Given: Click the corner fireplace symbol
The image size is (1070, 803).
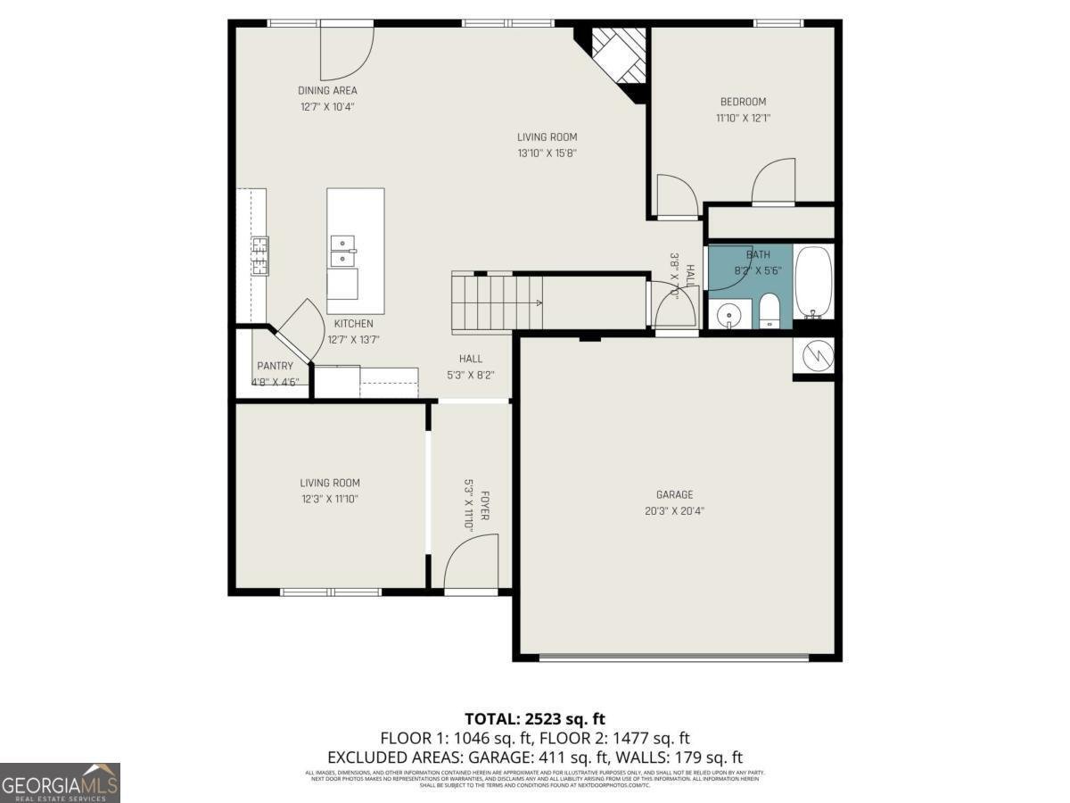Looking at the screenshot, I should coord(619,58).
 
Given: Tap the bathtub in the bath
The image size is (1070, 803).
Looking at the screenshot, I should coord(812,281).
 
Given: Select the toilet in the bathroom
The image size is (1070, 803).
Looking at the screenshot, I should coord(769,313).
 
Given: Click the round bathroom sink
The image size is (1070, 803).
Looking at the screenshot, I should coord(728,315).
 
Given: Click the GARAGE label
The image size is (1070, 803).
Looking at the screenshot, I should coord(674,495).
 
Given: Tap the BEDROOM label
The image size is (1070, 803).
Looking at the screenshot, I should coord(743,102).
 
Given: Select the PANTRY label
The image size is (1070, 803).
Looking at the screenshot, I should coord(275,366).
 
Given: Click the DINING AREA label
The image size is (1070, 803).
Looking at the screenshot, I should coord(327,90).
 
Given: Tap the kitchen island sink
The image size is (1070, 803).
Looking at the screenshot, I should coord(342,251).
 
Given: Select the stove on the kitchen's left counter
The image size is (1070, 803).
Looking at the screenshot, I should coord(259,255).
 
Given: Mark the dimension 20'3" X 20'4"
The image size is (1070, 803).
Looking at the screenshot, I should coord(674,511).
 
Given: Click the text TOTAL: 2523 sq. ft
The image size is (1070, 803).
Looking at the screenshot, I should coord(535,718).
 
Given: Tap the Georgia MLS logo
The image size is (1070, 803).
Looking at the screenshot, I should coord(60,782).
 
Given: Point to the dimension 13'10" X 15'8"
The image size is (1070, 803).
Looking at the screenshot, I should coord(547,153).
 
